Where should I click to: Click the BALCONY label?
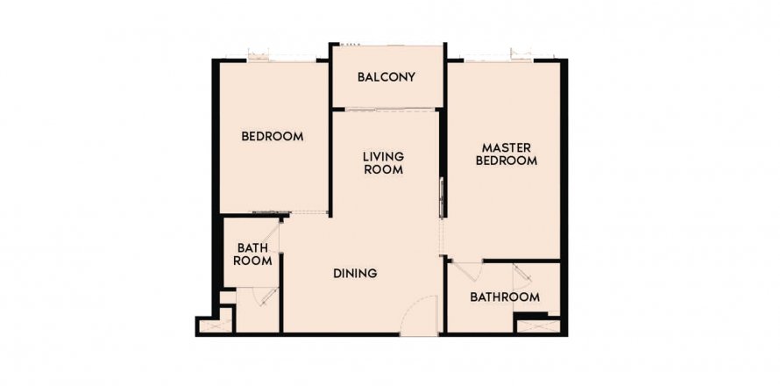(x=386, y=77)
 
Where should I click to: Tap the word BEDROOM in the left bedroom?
(x=272, y=137)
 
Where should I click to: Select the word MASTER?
(x=507, y=148)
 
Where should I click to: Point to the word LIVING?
(x=383, y=157)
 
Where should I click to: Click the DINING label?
(x=355, y=274)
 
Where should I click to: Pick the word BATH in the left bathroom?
(x=252, y=248)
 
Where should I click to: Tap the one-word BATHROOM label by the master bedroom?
(x=505, y=297)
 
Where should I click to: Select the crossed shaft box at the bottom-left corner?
(x=216, y=326)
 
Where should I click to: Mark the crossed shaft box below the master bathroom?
(x=538, y=326)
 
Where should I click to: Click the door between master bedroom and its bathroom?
(x=468, y=272)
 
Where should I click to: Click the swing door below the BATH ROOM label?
(x=266, y=296)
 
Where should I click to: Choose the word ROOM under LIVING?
(x=383, y=169)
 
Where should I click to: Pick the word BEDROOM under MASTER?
(x=507, y=161)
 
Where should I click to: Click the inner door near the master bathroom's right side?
(x=522, y=277)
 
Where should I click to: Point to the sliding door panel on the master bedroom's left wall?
(x=441, y=197)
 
